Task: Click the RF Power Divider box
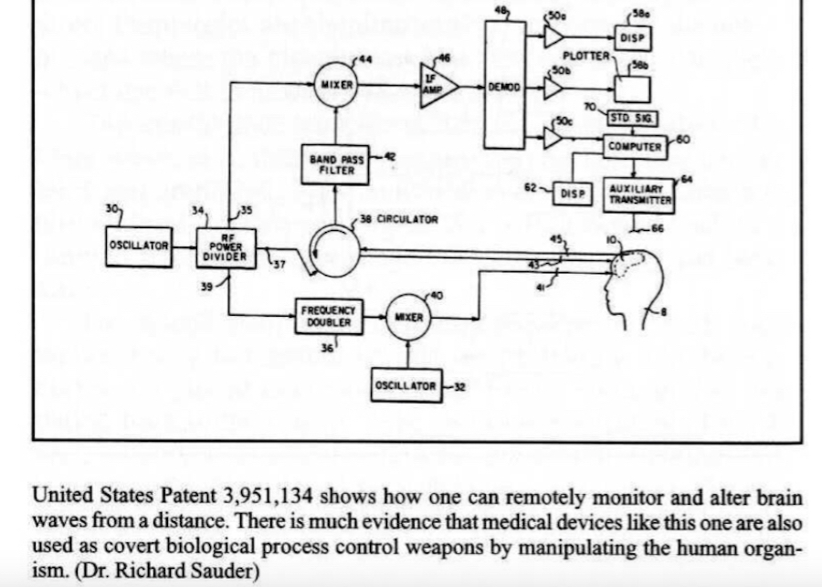click(x=227, y=247)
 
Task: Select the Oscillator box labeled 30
click(x=138, y=246)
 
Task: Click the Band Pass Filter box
click(x=339, y=165)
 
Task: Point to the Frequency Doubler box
click(x=327, y=316)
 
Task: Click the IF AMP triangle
click(x=436, y=85)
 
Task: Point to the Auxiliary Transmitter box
click(x=639, y=194)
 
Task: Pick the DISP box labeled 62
click(x=571, y=194)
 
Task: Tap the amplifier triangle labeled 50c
click(x=553, y=138)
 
